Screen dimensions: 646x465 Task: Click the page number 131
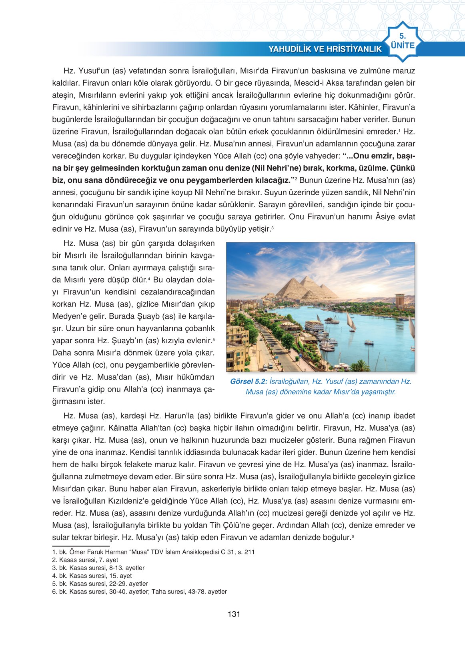coord(233,614)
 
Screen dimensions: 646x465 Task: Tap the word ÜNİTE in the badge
coord(403,45)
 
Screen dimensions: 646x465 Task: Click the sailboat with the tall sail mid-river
coord(351,322)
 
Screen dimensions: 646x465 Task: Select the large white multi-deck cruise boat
coord(314,326)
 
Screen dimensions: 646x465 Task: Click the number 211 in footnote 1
coord(249,552)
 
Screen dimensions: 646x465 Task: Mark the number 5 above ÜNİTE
coord(402,36)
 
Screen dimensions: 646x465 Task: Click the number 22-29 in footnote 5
coord(118,584)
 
